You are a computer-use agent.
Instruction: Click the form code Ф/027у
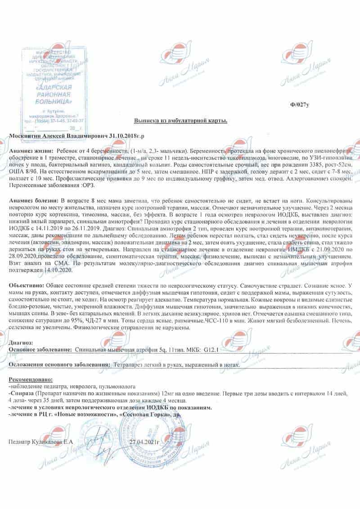300,104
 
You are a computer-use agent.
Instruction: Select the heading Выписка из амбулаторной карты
181,121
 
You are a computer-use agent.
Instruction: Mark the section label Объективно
27,286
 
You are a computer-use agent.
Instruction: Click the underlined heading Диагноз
20,343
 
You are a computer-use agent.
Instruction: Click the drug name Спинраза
22,393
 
